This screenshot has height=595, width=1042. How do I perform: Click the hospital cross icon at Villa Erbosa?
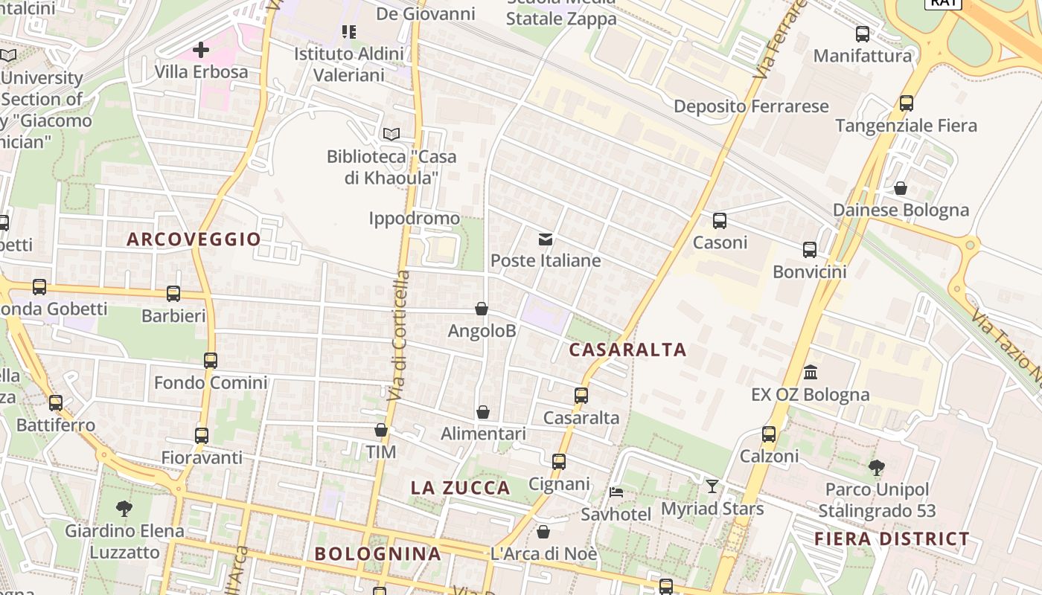pyautogui.click(x=200, y=50)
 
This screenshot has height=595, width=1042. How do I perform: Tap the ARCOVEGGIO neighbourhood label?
pyautogui.click(x=194, y=239)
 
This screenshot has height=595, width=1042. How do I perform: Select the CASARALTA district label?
pyautogui.click(x=627, y=350)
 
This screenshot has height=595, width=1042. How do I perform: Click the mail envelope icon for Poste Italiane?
pyautogui.click(x=546, y=239)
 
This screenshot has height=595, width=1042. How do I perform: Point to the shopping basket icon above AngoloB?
pyautogui.click(x=482, y=309)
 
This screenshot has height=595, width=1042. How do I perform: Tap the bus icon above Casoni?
pyautogui.click(x=719, y=221)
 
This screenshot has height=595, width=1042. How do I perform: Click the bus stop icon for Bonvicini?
pyautogui.click(x=809, y=250)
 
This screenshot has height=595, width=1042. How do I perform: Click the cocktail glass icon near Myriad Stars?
pyautogui.click(x=712, y=486)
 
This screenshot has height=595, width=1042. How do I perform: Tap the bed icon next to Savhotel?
pyautogui.click(x=616, y=492)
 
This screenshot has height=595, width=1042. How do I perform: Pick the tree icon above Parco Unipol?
pyautogui.click(x=877, y=468)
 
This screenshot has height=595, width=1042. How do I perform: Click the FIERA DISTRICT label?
pyautogui.click(x=892, y=538)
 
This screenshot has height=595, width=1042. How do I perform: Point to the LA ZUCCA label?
pyautogui.click(x=461, y=488)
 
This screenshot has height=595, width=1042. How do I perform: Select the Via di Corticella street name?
pyautogui.click(x=399, y=335)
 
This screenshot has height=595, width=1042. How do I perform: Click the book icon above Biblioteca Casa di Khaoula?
pyautogui.click(x=391, y=135)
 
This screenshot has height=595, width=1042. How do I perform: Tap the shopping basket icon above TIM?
pyautogui.click(x=381, y=430)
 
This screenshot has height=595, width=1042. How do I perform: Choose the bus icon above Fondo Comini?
pyautogui.click(x=211, y=361)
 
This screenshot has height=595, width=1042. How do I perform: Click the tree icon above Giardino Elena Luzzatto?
pyautogui.click(x=124, y=509)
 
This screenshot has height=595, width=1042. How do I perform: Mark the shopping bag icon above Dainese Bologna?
pyautogui.click(x=901, y=188)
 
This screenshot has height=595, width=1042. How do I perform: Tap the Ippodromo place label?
pyautogui.click(x=415, y=218)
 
